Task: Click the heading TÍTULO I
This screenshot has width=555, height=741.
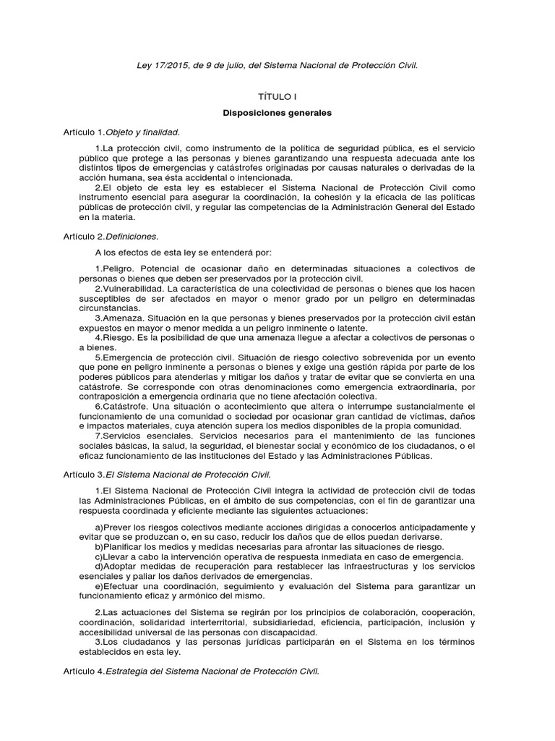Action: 277,96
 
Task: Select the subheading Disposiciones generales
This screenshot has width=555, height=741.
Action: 277,114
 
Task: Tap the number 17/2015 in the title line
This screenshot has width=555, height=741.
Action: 168,65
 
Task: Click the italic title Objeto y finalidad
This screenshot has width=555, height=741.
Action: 142,132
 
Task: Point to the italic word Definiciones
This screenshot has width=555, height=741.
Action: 132,236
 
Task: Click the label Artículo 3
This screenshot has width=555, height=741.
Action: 83,475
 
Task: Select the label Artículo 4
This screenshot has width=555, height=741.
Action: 83,671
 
